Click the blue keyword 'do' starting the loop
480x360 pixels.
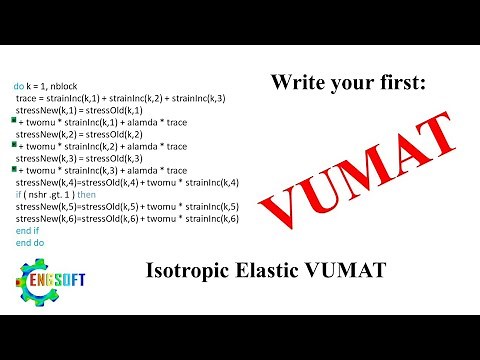click(x=19, y=88)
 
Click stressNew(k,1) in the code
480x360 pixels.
click(x=43, y=110)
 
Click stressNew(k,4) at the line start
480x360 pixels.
click(x=43, y=181)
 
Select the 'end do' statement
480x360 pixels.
click(x=30, y=242)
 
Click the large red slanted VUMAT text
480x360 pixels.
click(x=365, y=170)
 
